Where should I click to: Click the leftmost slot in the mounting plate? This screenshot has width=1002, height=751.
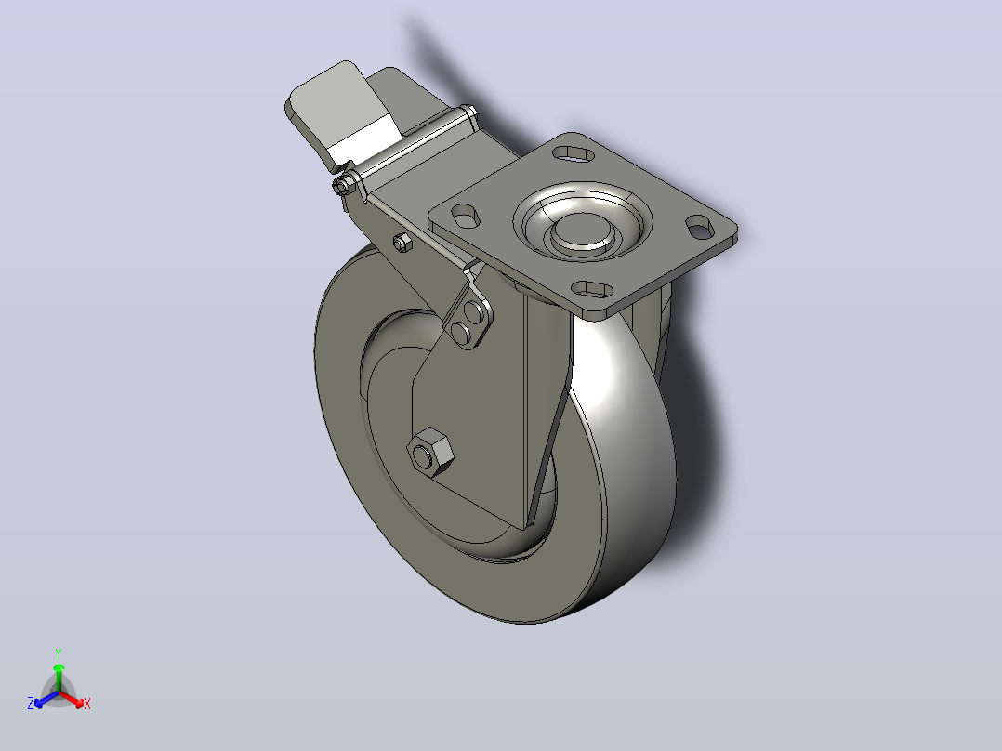point(466,215)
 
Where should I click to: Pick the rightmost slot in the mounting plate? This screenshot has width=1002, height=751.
point(700,226)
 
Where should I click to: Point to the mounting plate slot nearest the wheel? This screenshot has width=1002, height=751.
point(592,290)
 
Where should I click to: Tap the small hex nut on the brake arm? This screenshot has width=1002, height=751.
point(402,243)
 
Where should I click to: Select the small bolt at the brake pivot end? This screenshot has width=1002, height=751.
point(344,185)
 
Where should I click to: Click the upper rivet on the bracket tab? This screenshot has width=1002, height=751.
point(473,312)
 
